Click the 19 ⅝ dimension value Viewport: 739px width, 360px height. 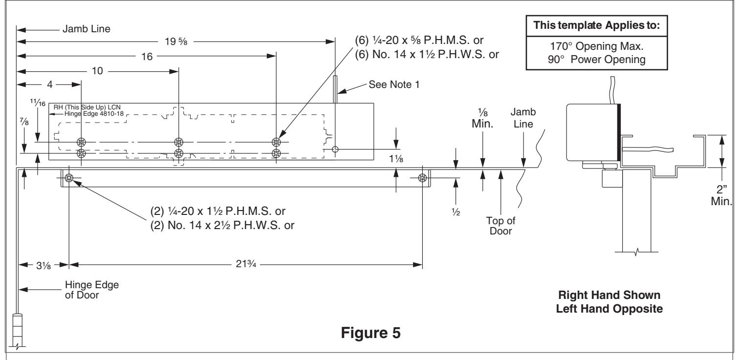tap(176, 42)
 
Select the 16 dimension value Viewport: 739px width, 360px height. tap(147, 56)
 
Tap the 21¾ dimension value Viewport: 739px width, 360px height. tap(246, 264)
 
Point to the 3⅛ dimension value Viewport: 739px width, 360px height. tap(43, 265)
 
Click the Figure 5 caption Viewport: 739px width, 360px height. tap(370, 333)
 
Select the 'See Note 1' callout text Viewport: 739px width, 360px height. tap(394, 85)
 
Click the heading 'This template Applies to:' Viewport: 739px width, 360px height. tap(596, 25)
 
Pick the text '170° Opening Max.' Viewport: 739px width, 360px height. tap(596, 46)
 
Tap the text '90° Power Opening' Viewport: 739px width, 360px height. tap(596, 59)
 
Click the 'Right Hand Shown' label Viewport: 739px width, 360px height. tap(609, 295)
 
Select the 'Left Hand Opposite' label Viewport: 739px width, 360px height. tap(609, 309)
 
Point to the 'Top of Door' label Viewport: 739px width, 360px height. tap(500, 226)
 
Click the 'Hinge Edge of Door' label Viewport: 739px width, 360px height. tap(92, 290)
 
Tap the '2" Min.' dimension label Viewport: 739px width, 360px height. tap(721, 195)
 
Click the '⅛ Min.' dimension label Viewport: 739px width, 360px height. tap(482, 118)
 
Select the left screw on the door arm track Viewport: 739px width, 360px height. tap(69, 178)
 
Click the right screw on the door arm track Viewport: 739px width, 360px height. tap(422, 178)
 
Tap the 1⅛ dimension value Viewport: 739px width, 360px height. tap(396, 159)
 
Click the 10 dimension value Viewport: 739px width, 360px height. tap(97, 71)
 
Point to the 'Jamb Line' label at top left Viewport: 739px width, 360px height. tap(87, 29)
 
